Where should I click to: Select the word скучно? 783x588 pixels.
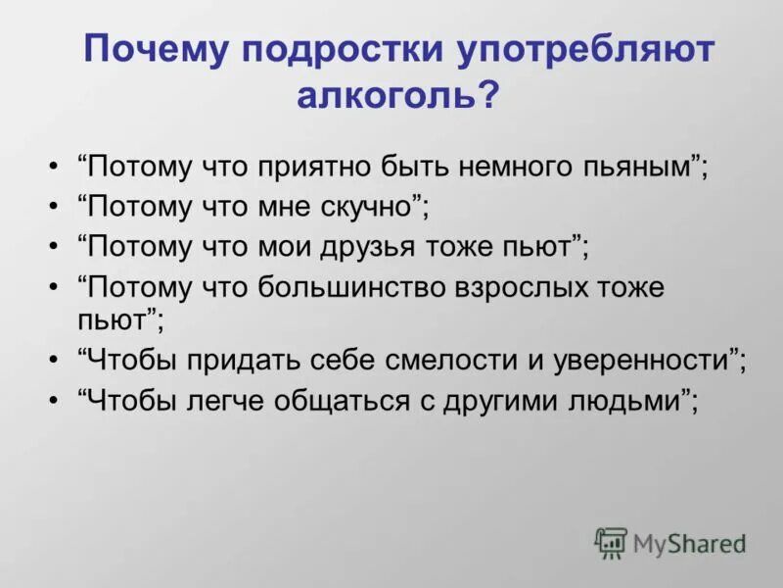click(368, 206)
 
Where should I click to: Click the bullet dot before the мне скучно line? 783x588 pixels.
click(52, 207)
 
